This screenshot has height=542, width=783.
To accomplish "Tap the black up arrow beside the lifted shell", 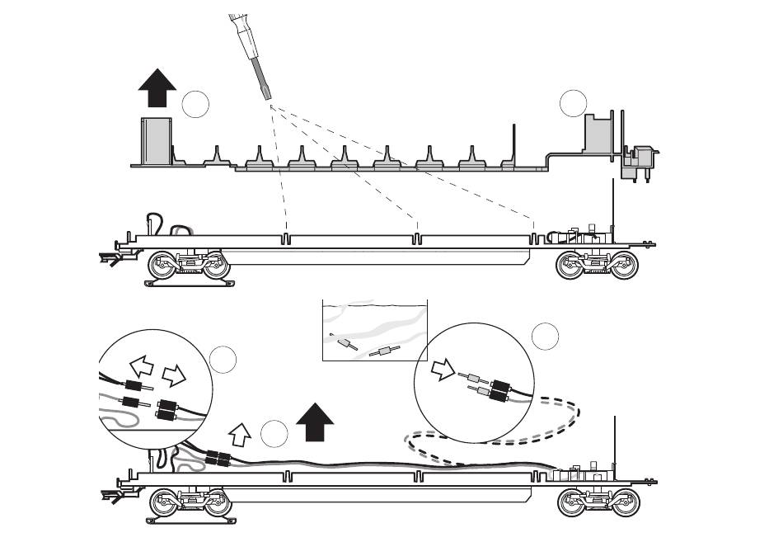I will click(157, 88).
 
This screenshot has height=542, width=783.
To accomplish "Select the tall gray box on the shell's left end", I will click(156, 141).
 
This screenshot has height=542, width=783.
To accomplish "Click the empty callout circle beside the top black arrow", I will click(195, 104).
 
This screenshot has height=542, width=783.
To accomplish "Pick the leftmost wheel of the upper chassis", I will click(162, 266).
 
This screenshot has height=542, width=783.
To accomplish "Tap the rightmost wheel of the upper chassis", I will click(624, 266).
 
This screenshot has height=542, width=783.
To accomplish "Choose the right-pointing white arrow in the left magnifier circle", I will click(174, 375).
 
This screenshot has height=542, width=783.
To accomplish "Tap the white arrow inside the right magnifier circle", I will click(443, 373).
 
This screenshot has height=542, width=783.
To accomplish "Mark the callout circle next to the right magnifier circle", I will click(545, 336).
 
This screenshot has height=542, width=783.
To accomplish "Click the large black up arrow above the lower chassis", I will click(314, 422).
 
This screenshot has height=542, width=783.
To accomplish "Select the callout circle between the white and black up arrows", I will click(274, 433).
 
